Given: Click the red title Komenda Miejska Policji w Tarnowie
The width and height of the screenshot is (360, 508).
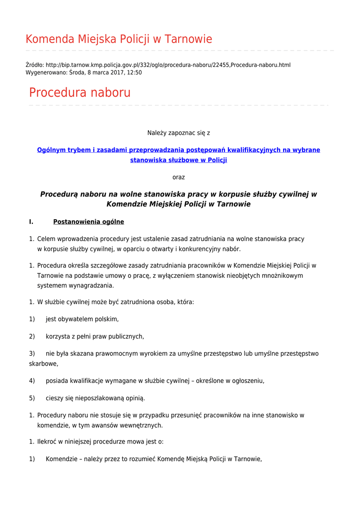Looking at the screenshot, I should pyautogui.click(x=119, y=39).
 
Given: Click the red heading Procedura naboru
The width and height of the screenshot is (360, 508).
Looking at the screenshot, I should pyautogui.click(x=79, y=93).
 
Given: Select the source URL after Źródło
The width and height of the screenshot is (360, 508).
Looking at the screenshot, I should pyautogui.click(x=168, y=65).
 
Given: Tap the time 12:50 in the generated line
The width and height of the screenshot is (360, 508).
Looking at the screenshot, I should pyautogui.click(x=134, y=72).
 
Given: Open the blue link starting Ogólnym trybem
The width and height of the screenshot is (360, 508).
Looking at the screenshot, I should pyautogui.click(x=178, y=150).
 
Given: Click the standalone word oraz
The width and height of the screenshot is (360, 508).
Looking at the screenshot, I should pyautogui.click(x=178, y=177).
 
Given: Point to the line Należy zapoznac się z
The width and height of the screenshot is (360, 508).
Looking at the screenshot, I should pyautogui.click(x=178, y=133).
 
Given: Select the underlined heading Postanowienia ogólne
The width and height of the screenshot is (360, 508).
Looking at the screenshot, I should pyautogui.click(x=88, y=222).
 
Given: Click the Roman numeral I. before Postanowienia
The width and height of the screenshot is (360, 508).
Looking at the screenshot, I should pyautogui.click(x=31, y=222).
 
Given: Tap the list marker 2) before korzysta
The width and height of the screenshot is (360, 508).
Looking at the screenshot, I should pyautogui.click(x=32, y=336).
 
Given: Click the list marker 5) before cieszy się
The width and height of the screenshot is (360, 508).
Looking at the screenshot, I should pyautogui.click(x=32, y=398).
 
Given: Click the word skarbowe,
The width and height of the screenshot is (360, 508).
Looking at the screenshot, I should pyautogui.click(x=43, y=364).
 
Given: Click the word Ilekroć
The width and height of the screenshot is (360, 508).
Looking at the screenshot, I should pyautogui.click(x=47, y=442).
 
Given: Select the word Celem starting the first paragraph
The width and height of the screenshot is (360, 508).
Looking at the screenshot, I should pyautogui.click(x=46, y=239).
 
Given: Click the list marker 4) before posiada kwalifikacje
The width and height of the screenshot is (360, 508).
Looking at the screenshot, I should pyautogui.click(x=32, y=381).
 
